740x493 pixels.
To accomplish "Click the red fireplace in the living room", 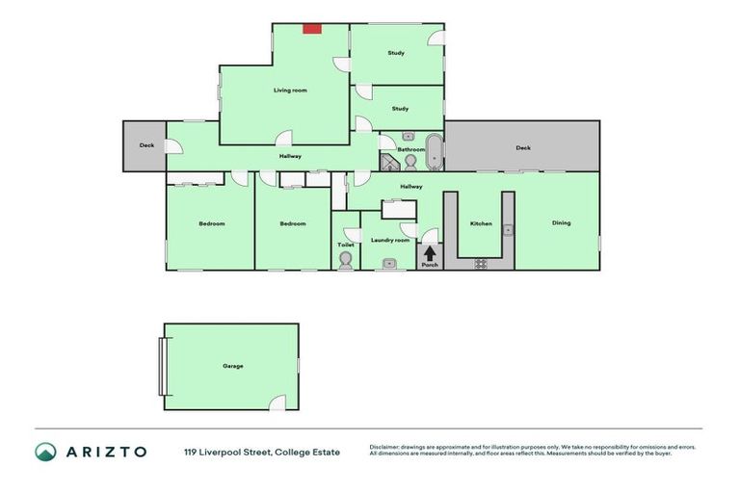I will pos(311,29).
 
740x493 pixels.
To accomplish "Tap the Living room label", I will pos(290,91).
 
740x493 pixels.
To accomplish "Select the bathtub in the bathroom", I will pos(435,152).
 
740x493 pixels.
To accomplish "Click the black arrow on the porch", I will pos(430,252).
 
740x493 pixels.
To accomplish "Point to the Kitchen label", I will pos(481,223).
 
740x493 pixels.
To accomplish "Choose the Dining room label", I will pos(561,223).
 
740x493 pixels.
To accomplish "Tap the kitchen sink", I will pos(508,230).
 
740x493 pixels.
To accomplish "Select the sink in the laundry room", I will pos(390,263).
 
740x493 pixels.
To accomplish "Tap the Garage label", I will pos(232,366).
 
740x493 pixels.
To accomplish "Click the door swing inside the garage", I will pos(277,402).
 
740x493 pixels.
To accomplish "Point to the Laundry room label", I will pos(390,240).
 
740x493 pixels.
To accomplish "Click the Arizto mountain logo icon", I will pos(45,452).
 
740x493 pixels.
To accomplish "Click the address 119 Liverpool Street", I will pos(227,452).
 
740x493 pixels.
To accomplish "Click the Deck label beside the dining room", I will pos(522,148).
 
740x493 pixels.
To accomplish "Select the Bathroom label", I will pos(411,150).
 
